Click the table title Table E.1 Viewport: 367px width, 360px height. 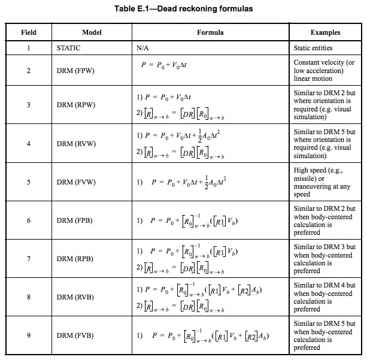[183, 8]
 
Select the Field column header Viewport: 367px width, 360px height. [28, 32]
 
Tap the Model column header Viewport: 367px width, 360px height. [92, 32]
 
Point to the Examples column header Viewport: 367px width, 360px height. [325, 32]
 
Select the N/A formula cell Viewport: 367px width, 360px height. [144, 48]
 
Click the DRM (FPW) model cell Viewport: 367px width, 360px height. [73, 71]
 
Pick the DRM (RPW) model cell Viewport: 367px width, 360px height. [73, 104]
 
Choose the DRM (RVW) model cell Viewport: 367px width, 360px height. [73, 144]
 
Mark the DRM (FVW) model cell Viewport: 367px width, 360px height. [73, 182]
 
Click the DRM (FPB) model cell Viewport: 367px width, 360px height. [73, 220]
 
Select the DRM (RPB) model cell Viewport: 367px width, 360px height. [73, 259]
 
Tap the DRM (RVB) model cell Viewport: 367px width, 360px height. [73, 297]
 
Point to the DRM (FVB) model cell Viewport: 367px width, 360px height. [73, 335]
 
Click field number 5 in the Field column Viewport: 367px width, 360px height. [28, 182]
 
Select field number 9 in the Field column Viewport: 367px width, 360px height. [28, 335]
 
